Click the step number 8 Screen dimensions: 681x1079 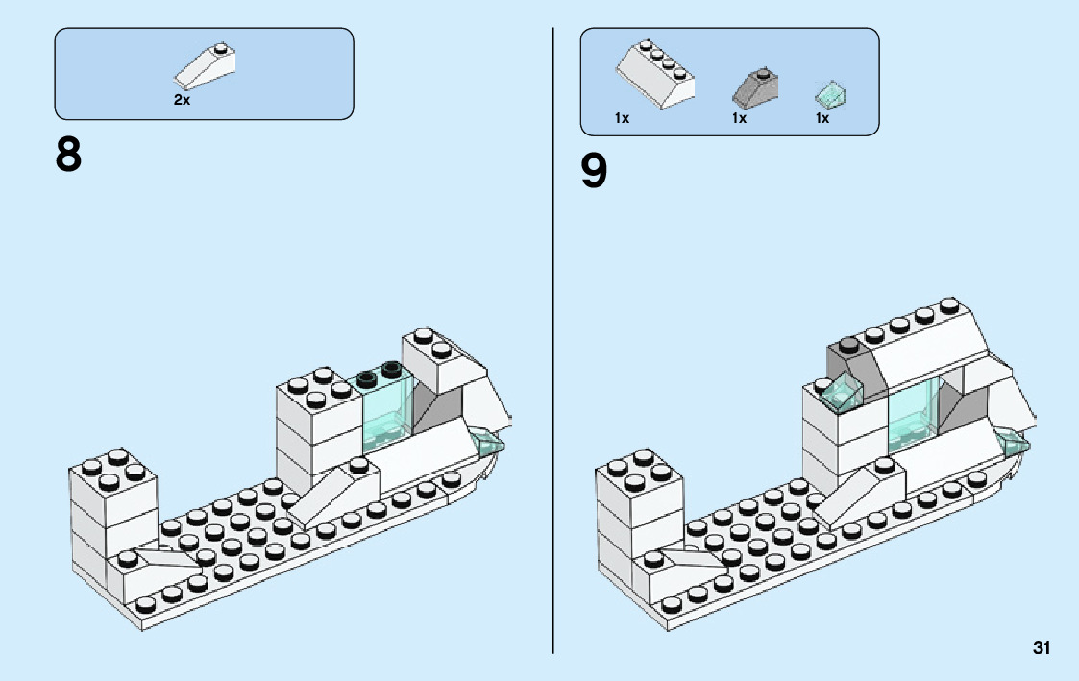(x=69, y=156)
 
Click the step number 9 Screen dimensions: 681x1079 (x=595, y=172)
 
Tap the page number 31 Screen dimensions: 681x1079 (x=1042, y=648)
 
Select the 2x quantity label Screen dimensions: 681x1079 (x=182, y=100)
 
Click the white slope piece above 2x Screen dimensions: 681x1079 (x=206, y=67)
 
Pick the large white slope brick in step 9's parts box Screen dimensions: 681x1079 (x=655, y=77)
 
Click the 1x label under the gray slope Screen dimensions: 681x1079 (x=739, y=118)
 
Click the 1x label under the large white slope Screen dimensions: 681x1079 (x=622, y=118)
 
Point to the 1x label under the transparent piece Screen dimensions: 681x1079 (x=822, y=118)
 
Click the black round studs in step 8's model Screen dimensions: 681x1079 (x=380, y=373)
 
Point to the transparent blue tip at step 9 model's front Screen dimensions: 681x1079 (x=1015, y=443)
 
